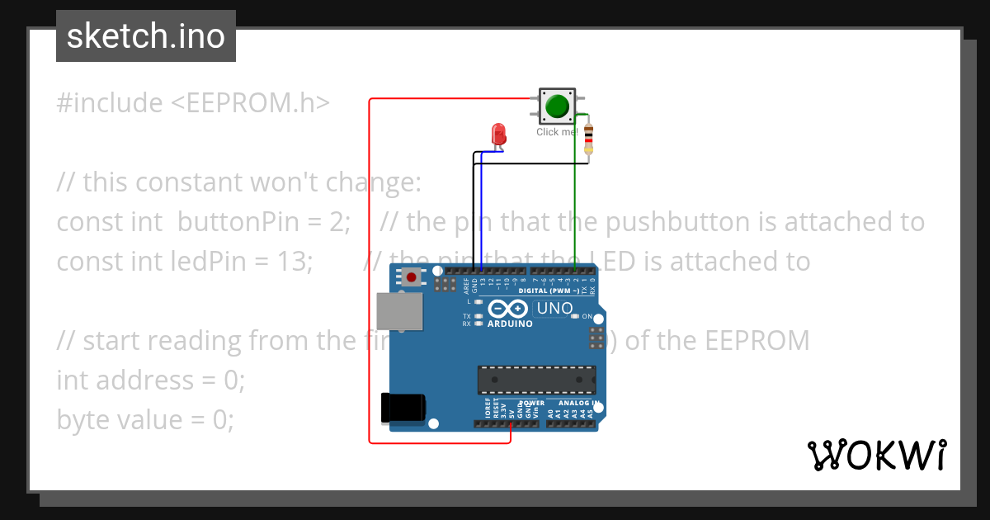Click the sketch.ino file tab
point(146,36)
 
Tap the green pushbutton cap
point(558,106)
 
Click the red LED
point(498,134)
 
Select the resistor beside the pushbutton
point(588,139)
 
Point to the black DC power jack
point(403,408)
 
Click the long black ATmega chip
point(536,380)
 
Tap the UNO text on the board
point(555,309)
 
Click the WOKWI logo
point(876,455)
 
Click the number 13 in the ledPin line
point(290,262)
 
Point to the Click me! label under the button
point(558,132)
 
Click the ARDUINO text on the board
point(510,324)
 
